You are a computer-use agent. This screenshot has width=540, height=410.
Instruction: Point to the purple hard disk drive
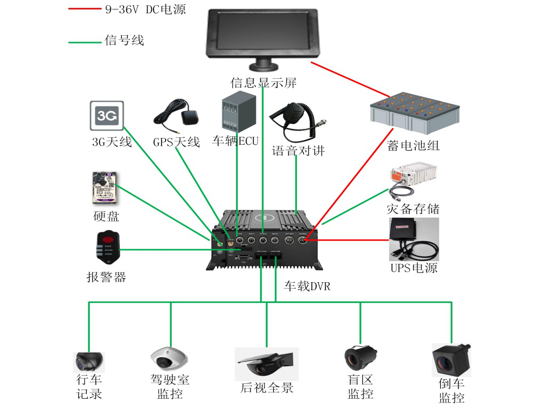pos(104,187)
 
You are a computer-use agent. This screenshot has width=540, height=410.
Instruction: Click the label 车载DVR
pos(307,286)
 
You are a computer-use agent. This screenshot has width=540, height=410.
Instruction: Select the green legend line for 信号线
pos(85,42)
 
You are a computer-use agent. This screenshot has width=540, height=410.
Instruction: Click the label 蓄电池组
pos(414,145)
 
